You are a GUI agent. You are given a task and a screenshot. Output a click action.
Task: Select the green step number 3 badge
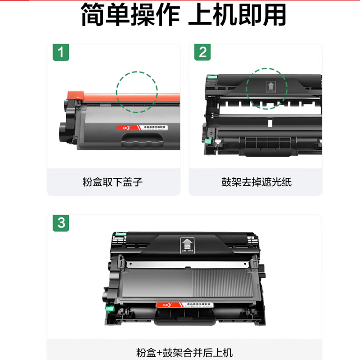coord(61,223)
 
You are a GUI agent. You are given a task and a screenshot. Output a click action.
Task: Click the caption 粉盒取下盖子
coord(112,182)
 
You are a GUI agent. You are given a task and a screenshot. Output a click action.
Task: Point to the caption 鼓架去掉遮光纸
coord(256,182)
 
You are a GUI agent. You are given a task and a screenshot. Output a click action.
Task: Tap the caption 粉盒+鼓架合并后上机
coord(184,352)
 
